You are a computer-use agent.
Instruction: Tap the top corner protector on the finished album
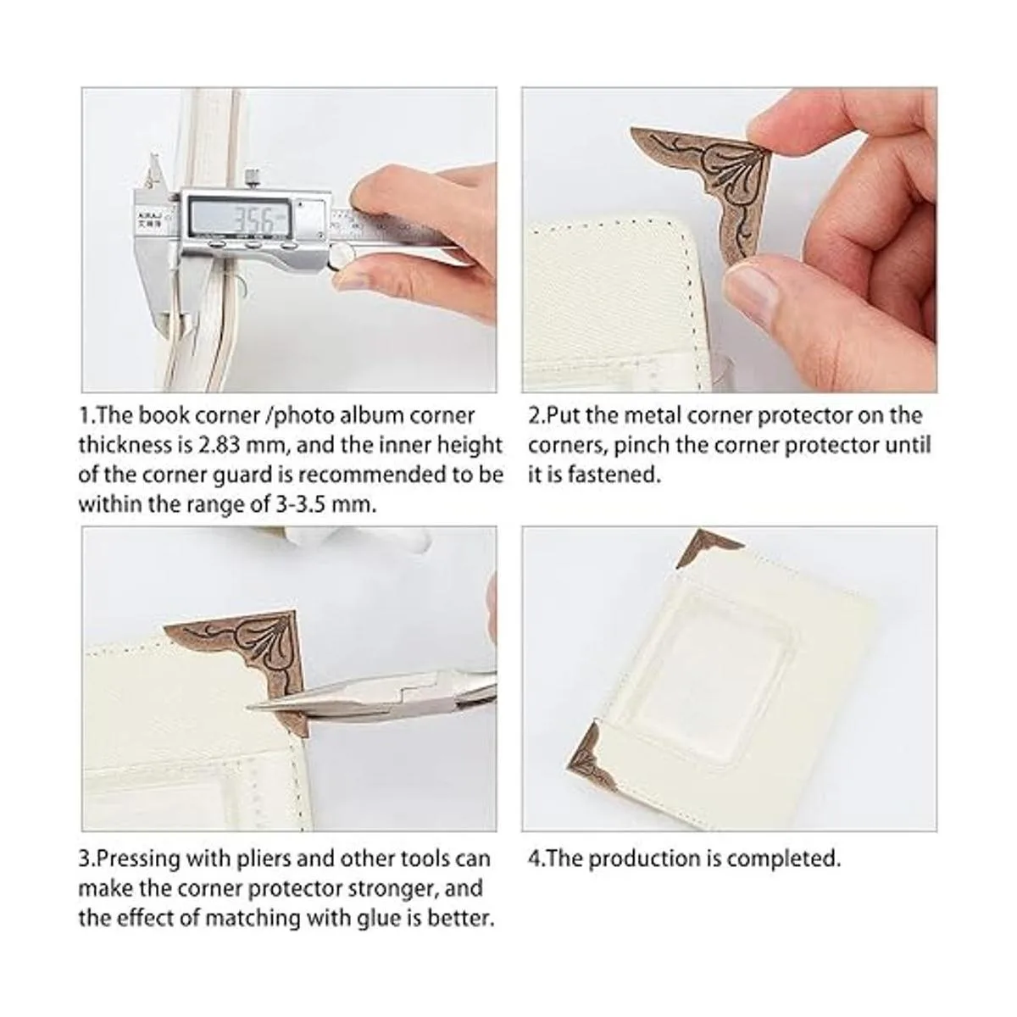(709, 549)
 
